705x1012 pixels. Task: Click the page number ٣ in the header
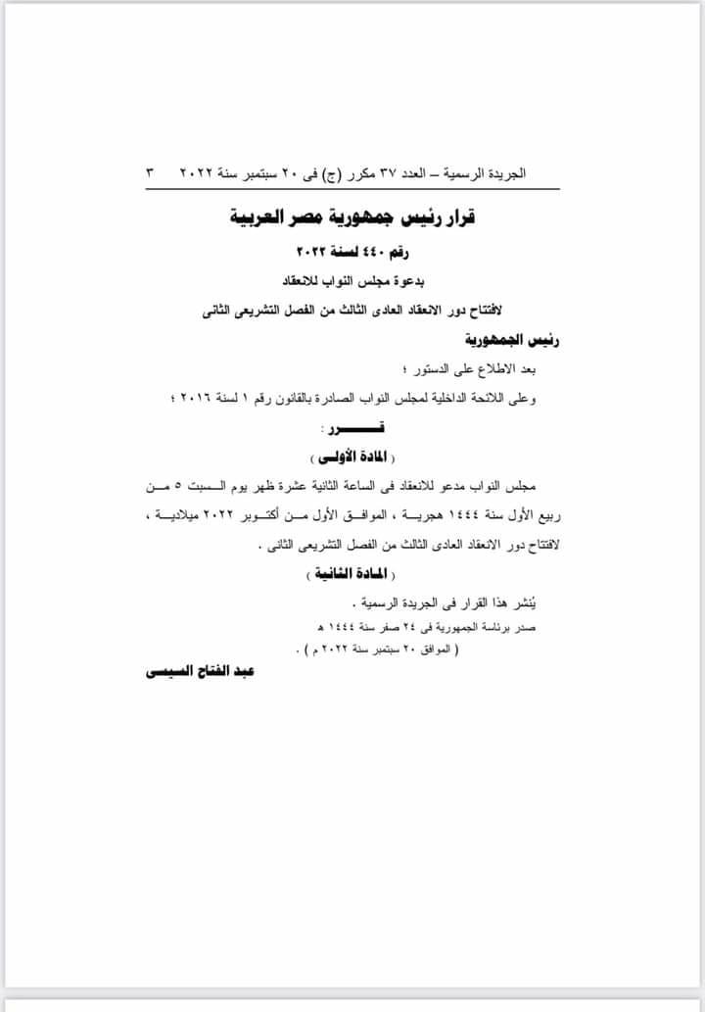(150, 172)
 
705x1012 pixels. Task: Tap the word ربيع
(550, 515)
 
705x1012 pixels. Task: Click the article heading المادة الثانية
(352, 573)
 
